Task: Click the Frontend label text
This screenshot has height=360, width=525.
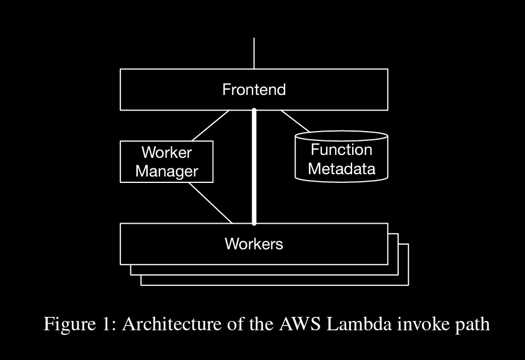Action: click(x=254, y=90)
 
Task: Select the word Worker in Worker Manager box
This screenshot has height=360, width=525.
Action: click(x=166, y=153)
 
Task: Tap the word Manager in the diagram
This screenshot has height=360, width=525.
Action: click(x=166, y=172)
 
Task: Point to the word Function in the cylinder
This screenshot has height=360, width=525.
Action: click(x=341, y=150)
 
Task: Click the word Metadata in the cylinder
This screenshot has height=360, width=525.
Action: click(x=341, y=169)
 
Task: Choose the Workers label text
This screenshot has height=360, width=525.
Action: click(x=254, y=243)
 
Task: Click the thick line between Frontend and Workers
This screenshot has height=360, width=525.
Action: click(x=254, y=169)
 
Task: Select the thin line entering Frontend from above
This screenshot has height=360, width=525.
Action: click(x=254, y=52)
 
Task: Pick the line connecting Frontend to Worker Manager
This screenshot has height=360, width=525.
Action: click(x=210, y=125)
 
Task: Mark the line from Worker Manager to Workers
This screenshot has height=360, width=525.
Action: click(x=208, y=202)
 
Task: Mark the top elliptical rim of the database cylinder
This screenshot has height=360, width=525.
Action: click(x=341, y=136)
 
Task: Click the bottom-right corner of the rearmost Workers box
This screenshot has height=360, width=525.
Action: click(x=408, y=285)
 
